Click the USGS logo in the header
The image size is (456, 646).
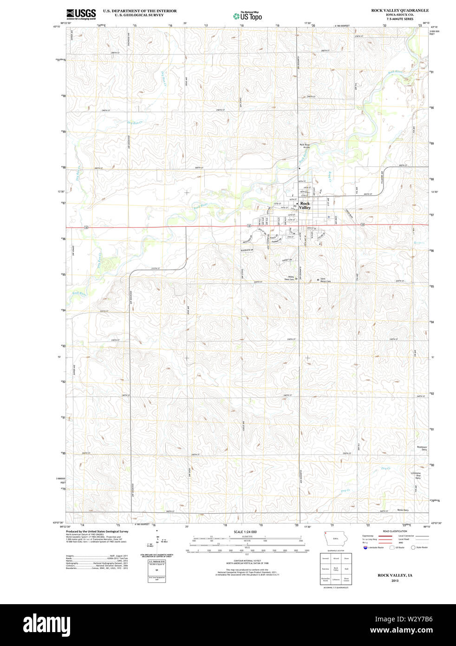click(81, 13)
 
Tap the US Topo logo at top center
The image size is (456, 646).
click(248, 15)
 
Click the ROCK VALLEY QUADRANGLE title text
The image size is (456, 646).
click(399, 10)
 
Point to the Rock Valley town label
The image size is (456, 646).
click(305, 205)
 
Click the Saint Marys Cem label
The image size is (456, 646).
click(326, 280)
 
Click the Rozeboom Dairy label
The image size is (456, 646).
click(421, 448)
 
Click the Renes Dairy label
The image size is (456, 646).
click(403, 510)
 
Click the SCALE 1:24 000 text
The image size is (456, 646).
click(245, 532)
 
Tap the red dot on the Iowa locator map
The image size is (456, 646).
click(326, 533)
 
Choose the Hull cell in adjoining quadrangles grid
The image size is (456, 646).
click(346, 568)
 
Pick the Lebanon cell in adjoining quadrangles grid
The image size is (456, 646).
click(336, 580)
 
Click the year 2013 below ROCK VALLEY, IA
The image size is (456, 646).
click(395, 581)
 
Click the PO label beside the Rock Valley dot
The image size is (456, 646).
click(294, 206)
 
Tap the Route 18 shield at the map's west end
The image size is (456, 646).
click(86, 227)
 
